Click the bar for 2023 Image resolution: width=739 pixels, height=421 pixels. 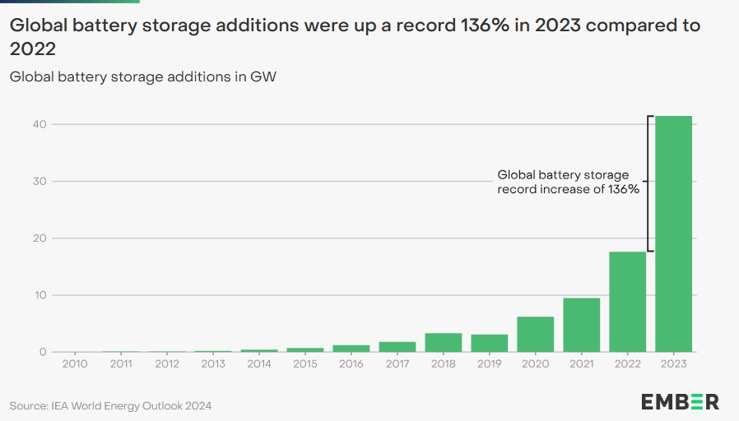tap(673, 234)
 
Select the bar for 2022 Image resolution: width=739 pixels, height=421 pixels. tap(627, 302)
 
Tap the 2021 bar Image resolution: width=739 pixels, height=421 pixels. tap(582, 325)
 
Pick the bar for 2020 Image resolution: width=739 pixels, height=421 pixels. tap(536, 335)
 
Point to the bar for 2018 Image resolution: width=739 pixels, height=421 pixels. tap(444, 342)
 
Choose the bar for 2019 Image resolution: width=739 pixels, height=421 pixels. tap(489, 344)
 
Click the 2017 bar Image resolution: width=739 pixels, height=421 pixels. tap(397, 347)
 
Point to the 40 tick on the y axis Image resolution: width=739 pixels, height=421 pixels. tap(40, 124)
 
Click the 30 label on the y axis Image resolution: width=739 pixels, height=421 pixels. tap(40, 181)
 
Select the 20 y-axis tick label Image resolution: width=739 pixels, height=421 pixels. tap(40, 238)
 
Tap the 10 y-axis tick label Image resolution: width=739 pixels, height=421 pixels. tap(40, 295)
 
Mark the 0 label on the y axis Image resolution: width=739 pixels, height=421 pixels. tap(43, 352)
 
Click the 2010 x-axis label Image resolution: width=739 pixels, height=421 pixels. tap(75, 363)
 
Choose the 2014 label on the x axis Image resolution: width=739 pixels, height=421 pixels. tap(259, 363)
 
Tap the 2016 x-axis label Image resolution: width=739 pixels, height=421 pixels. tap(351, 363)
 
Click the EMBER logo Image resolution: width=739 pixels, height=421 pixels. tap(680, 402)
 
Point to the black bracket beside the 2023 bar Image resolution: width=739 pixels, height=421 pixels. tap(648, 183)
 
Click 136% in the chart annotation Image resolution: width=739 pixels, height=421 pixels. tap(623, 189)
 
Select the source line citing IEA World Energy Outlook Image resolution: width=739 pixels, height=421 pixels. tap(110, 406)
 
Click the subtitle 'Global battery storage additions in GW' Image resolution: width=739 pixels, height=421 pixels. tap(143, 76)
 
